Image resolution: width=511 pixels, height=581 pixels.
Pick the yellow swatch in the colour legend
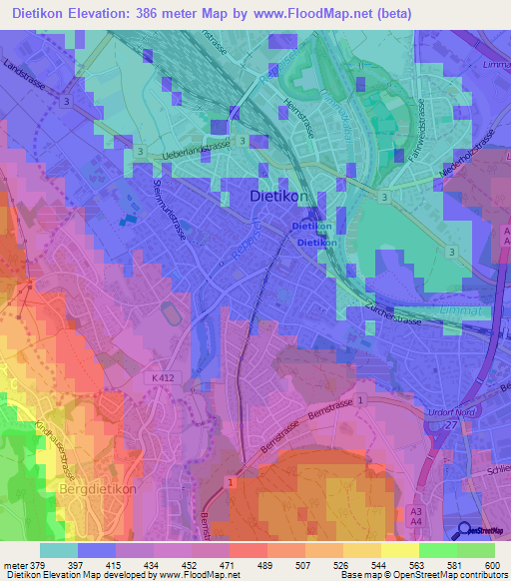[399, 550]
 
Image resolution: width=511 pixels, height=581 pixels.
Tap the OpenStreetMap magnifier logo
[462, 530]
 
